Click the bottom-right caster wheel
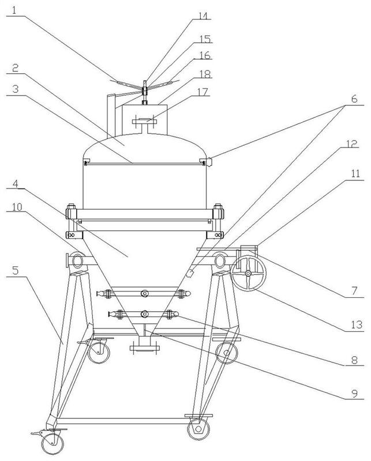(x=198, y=429)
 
